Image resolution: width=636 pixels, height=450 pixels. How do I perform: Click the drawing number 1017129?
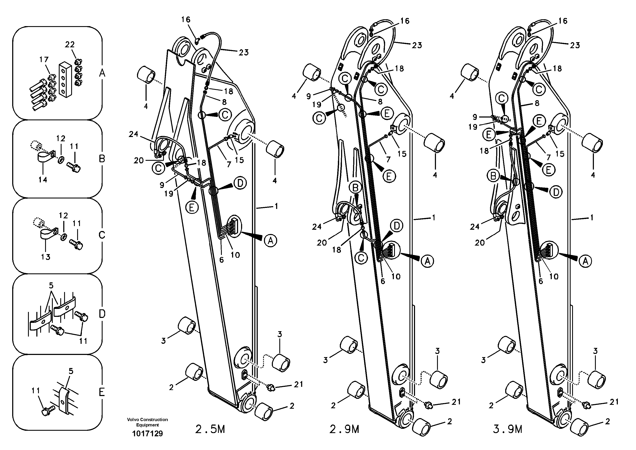[x=147, y=433]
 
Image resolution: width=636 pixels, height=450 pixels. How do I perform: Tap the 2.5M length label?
[x=210, y=429]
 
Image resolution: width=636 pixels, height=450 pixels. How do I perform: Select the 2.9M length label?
[x=344, y=429]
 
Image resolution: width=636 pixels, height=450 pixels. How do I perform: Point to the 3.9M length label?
[x=508, y=429]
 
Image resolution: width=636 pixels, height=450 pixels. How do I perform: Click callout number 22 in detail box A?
[x=70, y=44]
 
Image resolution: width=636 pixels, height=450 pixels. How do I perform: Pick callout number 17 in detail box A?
[x=44, y=59]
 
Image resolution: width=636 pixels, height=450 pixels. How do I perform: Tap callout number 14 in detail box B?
[x=43, y=180]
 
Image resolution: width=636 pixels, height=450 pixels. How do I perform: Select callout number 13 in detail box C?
[x=46, y=257]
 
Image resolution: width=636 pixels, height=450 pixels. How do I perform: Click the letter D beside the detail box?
[x=102, y=314]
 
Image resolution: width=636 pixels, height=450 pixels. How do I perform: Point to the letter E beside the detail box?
[x=102, y=392]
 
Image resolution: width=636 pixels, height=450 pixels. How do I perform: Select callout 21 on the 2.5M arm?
[x=298, y=384]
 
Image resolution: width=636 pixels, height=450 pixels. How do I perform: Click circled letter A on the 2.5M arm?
[x=270, y=241]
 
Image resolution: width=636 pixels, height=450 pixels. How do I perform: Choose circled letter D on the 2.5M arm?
[x=240, y=183]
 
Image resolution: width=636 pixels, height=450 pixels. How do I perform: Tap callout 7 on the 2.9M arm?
[x=388, y=159]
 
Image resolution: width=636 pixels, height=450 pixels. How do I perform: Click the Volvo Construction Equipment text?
[x=147, y=422]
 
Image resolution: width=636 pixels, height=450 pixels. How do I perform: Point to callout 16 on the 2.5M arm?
[x=186, y=19]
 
